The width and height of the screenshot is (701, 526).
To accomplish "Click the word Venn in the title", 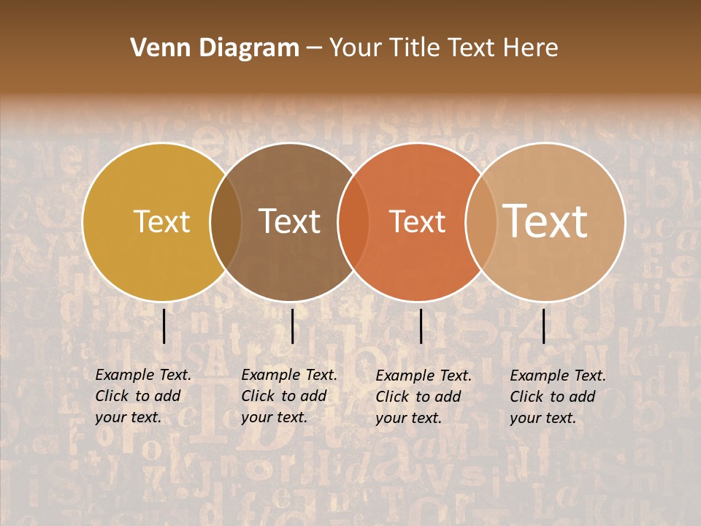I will click(154, 48).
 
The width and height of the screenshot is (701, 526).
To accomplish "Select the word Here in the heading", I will click(531, 48).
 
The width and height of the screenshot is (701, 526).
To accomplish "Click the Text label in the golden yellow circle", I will click(161, 221).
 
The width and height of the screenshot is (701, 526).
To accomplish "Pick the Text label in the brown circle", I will click(290, 221).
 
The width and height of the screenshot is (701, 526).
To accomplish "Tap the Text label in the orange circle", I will click(418, 221).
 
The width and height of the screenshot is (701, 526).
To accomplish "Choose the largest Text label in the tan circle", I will click(545, 221).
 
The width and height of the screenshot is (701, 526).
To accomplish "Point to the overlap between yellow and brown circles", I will click(226, 222).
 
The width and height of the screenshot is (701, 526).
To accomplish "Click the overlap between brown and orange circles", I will click(353, 222).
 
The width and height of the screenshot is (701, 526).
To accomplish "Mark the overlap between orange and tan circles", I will click(481, 222).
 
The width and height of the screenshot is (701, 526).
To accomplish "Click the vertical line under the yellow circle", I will click(164, 326).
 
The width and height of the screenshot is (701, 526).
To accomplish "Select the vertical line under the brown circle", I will click(292, 326).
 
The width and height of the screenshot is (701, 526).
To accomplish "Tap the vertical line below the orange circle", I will click(421, 326).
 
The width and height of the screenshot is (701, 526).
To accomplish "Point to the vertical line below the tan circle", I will click(544, 326).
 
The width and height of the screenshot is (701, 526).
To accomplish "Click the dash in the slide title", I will click(314, 49).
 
